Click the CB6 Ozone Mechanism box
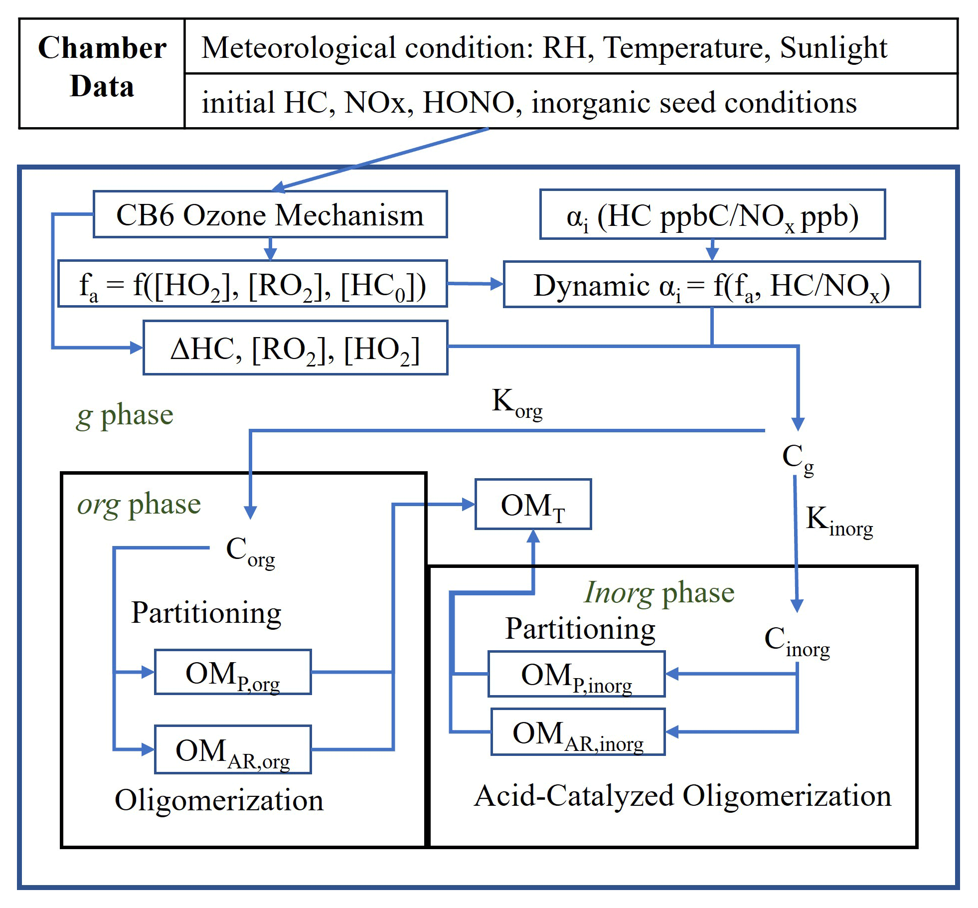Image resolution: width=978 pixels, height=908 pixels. (x=270, y=214)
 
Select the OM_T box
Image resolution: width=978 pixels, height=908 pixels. (x=533, y=504)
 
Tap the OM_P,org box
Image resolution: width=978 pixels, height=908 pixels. (x=233, y=672)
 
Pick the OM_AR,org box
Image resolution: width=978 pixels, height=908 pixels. (x=233, y=749)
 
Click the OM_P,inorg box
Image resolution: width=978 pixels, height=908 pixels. (x=576, y=674)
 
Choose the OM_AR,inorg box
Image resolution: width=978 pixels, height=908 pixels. (x=578, y=732)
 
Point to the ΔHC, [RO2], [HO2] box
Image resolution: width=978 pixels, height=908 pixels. (x=295, y=348)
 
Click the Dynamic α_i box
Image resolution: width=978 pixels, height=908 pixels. (x=711, y=285)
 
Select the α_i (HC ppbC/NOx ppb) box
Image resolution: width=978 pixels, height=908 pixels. (x=712, y=215)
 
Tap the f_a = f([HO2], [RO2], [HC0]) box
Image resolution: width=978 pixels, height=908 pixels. (x=252, y=284)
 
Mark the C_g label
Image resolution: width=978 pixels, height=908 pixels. (x=798, y=458)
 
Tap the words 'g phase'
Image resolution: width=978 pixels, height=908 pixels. (x=125, y=415)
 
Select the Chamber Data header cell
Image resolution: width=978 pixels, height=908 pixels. (x=102, y=67)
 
